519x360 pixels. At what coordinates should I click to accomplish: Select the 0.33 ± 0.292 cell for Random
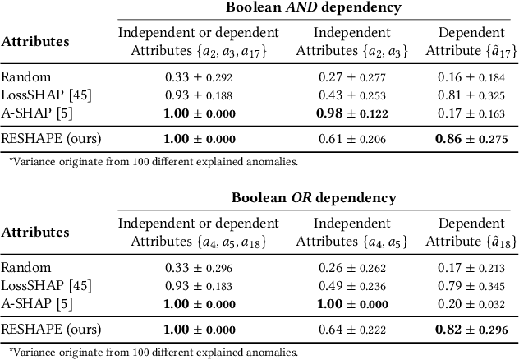pyautogui.click(x=199, y=77)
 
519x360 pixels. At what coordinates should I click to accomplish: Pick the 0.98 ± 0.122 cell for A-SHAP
pyautogui.click(x=363, y=113)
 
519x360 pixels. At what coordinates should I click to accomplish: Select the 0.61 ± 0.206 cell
pyautogui.click(x=363, y=140)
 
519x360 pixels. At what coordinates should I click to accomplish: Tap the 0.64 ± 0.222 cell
pyautogui.click(x=363, y=330)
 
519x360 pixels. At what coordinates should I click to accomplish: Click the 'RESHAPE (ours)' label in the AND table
pyautogui.click(x=51, y=140)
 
